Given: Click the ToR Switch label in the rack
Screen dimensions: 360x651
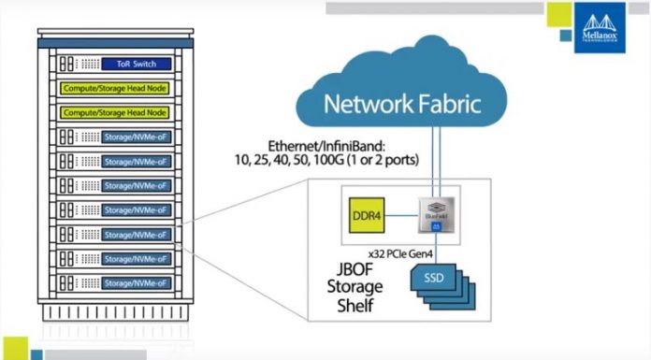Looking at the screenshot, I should [137, 65].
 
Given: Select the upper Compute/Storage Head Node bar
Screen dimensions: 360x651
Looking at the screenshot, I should [114, 89].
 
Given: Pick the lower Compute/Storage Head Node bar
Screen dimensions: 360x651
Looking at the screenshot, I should [114, 113].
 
